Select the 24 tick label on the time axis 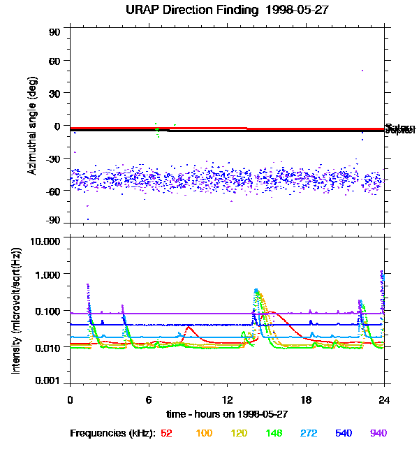point(384,400)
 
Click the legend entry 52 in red point(167,434)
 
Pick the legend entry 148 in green point(273,434)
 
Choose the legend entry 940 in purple point(378,434)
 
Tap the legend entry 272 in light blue point(309,434)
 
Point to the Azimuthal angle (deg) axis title point(32,126)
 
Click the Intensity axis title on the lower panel point(15,312)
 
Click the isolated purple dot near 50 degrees point(362,71)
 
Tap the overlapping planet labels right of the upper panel point(399,129)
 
